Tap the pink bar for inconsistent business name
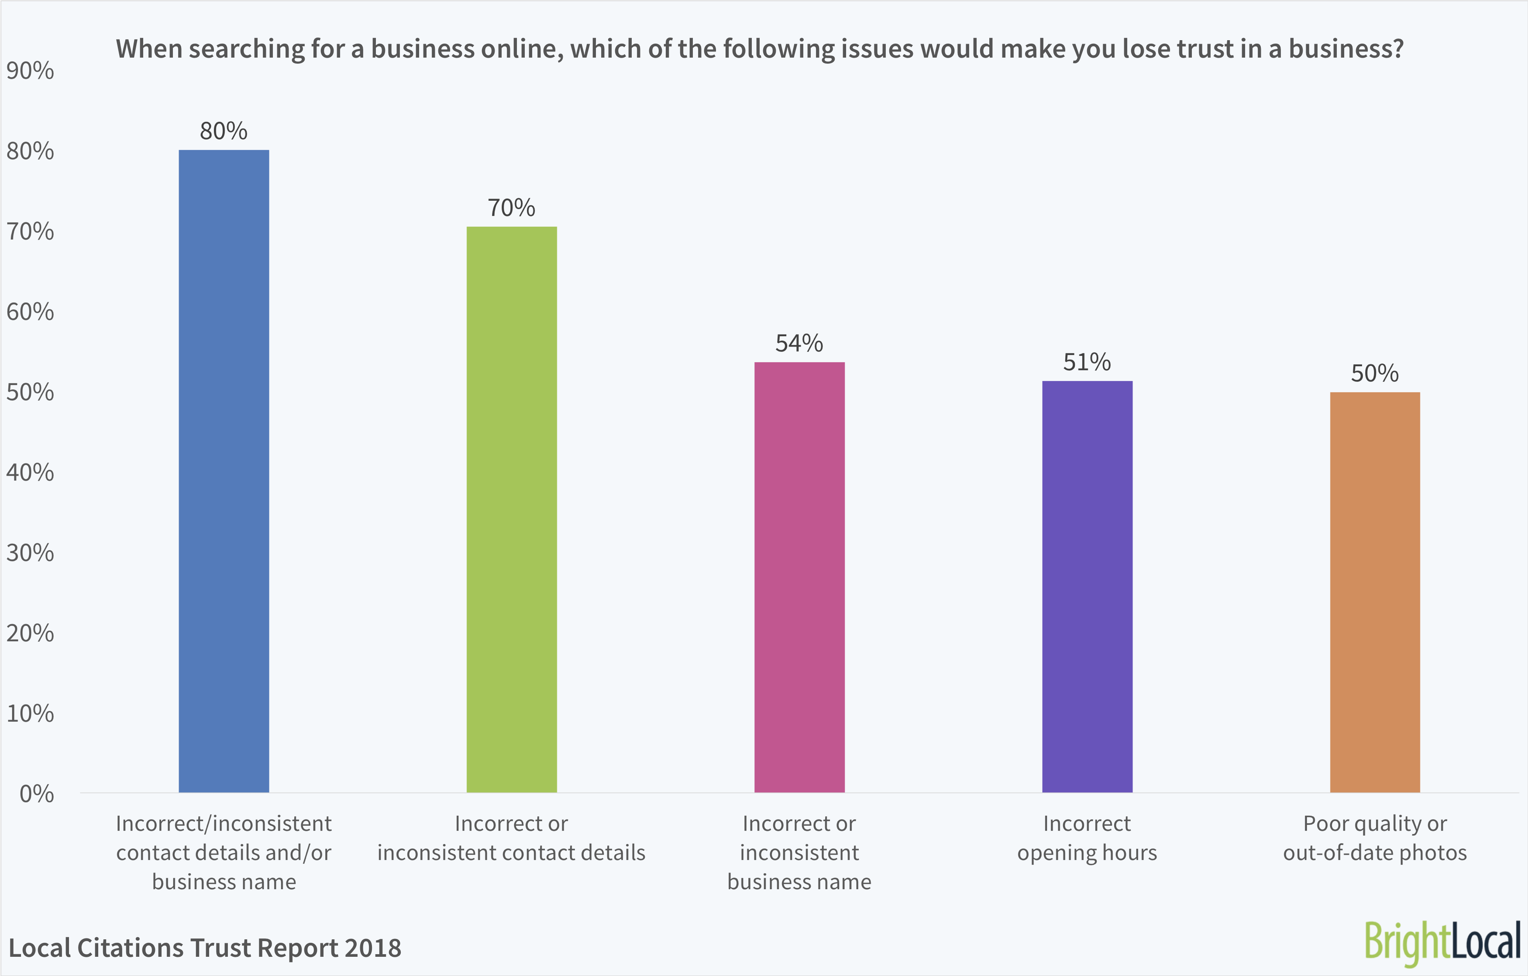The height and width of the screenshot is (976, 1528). tap(799, 577)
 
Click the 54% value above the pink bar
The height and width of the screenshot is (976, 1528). tap(799, 344)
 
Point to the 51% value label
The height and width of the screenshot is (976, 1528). tap(1087, 362)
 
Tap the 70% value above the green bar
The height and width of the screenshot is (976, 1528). tap(512, 207)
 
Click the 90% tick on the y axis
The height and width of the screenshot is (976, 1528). tap(30, 70)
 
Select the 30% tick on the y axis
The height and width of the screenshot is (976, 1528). tap(30, 553)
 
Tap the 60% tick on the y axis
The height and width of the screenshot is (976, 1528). tap(30, 312)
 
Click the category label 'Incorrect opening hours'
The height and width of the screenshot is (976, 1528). tap(1087, 838)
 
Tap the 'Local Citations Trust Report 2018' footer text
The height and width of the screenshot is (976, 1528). tap(204, 948)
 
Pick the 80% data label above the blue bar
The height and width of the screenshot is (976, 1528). tap(224, 131)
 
